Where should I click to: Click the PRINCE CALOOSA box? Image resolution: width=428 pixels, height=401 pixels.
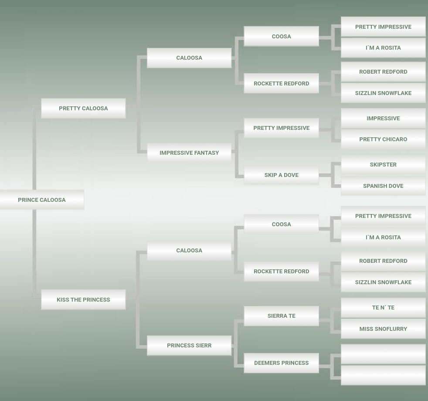point(42,200)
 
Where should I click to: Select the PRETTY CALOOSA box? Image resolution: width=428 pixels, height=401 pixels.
point(83,108)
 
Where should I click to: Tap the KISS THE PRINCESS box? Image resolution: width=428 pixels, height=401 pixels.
point(83,299)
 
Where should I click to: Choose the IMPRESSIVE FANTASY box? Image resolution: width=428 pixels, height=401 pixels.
point(189,153)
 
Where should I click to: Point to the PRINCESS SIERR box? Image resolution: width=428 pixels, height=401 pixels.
point(189,345)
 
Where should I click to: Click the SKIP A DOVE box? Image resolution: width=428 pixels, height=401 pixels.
point(281,175)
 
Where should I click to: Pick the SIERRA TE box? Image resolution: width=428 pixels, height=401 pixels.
point(281,316)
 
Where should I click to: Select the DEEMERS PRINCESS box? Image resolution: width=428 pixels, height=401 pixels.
point(281,363)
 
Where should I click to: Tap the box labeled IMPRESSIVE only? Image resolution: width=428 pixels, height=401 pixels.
point(383,118)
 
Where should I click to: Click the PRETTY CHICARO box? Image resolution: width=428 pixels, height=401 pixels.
point(383,139)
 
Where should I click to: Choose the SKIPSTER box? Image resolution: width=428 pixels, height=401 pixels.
point(383,164)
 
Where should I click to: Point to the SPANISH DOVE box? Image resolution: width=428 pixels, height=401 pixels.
point(383,186)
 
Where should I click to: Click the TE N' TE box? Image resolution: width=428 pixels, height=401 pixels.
point(383,307)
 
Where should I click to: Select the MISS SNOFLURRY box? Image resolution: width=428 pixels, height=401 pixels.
point(383,329)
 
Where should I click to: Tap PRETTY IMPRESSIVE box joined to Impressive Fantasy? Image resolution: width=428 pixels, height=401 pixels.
point(281,128)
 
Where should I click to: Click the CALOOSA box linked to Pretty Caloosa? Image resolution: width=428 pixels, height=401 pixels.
point(189,58)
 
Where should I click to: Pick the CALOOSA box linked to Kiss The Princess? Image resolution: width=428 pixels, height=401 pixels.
point(189,250)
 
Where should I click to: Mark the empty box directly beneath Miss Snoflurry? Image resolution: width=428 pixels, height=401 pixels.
point(383,354)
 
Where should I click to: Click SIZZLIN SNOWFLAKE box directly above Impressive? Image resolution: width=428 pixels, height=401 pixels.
point(383,93)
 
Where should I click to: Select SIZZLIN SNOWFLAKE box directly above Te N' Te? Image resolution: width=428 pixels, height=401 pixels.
point(383,282)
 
